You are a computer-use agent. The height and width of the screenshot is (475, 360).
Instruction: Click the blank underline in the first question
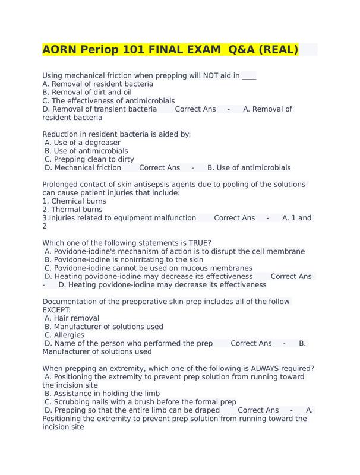pos(249,77)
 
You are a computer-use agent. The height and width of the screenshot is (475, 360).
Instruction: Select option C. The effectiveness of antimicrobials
pos(109,100)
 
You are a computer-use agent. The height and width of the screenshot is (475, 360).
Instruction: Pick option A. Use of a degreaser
pos(83,142)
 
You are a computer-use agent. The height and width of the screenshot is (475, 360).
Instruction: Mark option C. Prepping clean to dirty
pos(89,159)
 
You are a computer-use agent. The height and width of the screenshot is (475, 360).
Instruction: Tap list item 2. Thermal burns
pos(73,209)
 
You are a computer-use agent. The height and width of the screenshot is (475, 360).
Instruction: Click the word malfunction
pos(173,217)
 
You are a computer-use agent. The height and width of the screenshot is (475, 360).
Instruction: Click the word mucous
pos(199,268)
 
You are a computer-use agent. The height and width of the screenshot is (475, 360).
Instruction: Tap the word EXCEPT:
pos(56,310)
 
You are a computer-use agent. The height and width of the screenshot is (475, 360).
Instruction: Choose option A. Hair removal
pos(72,318)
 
